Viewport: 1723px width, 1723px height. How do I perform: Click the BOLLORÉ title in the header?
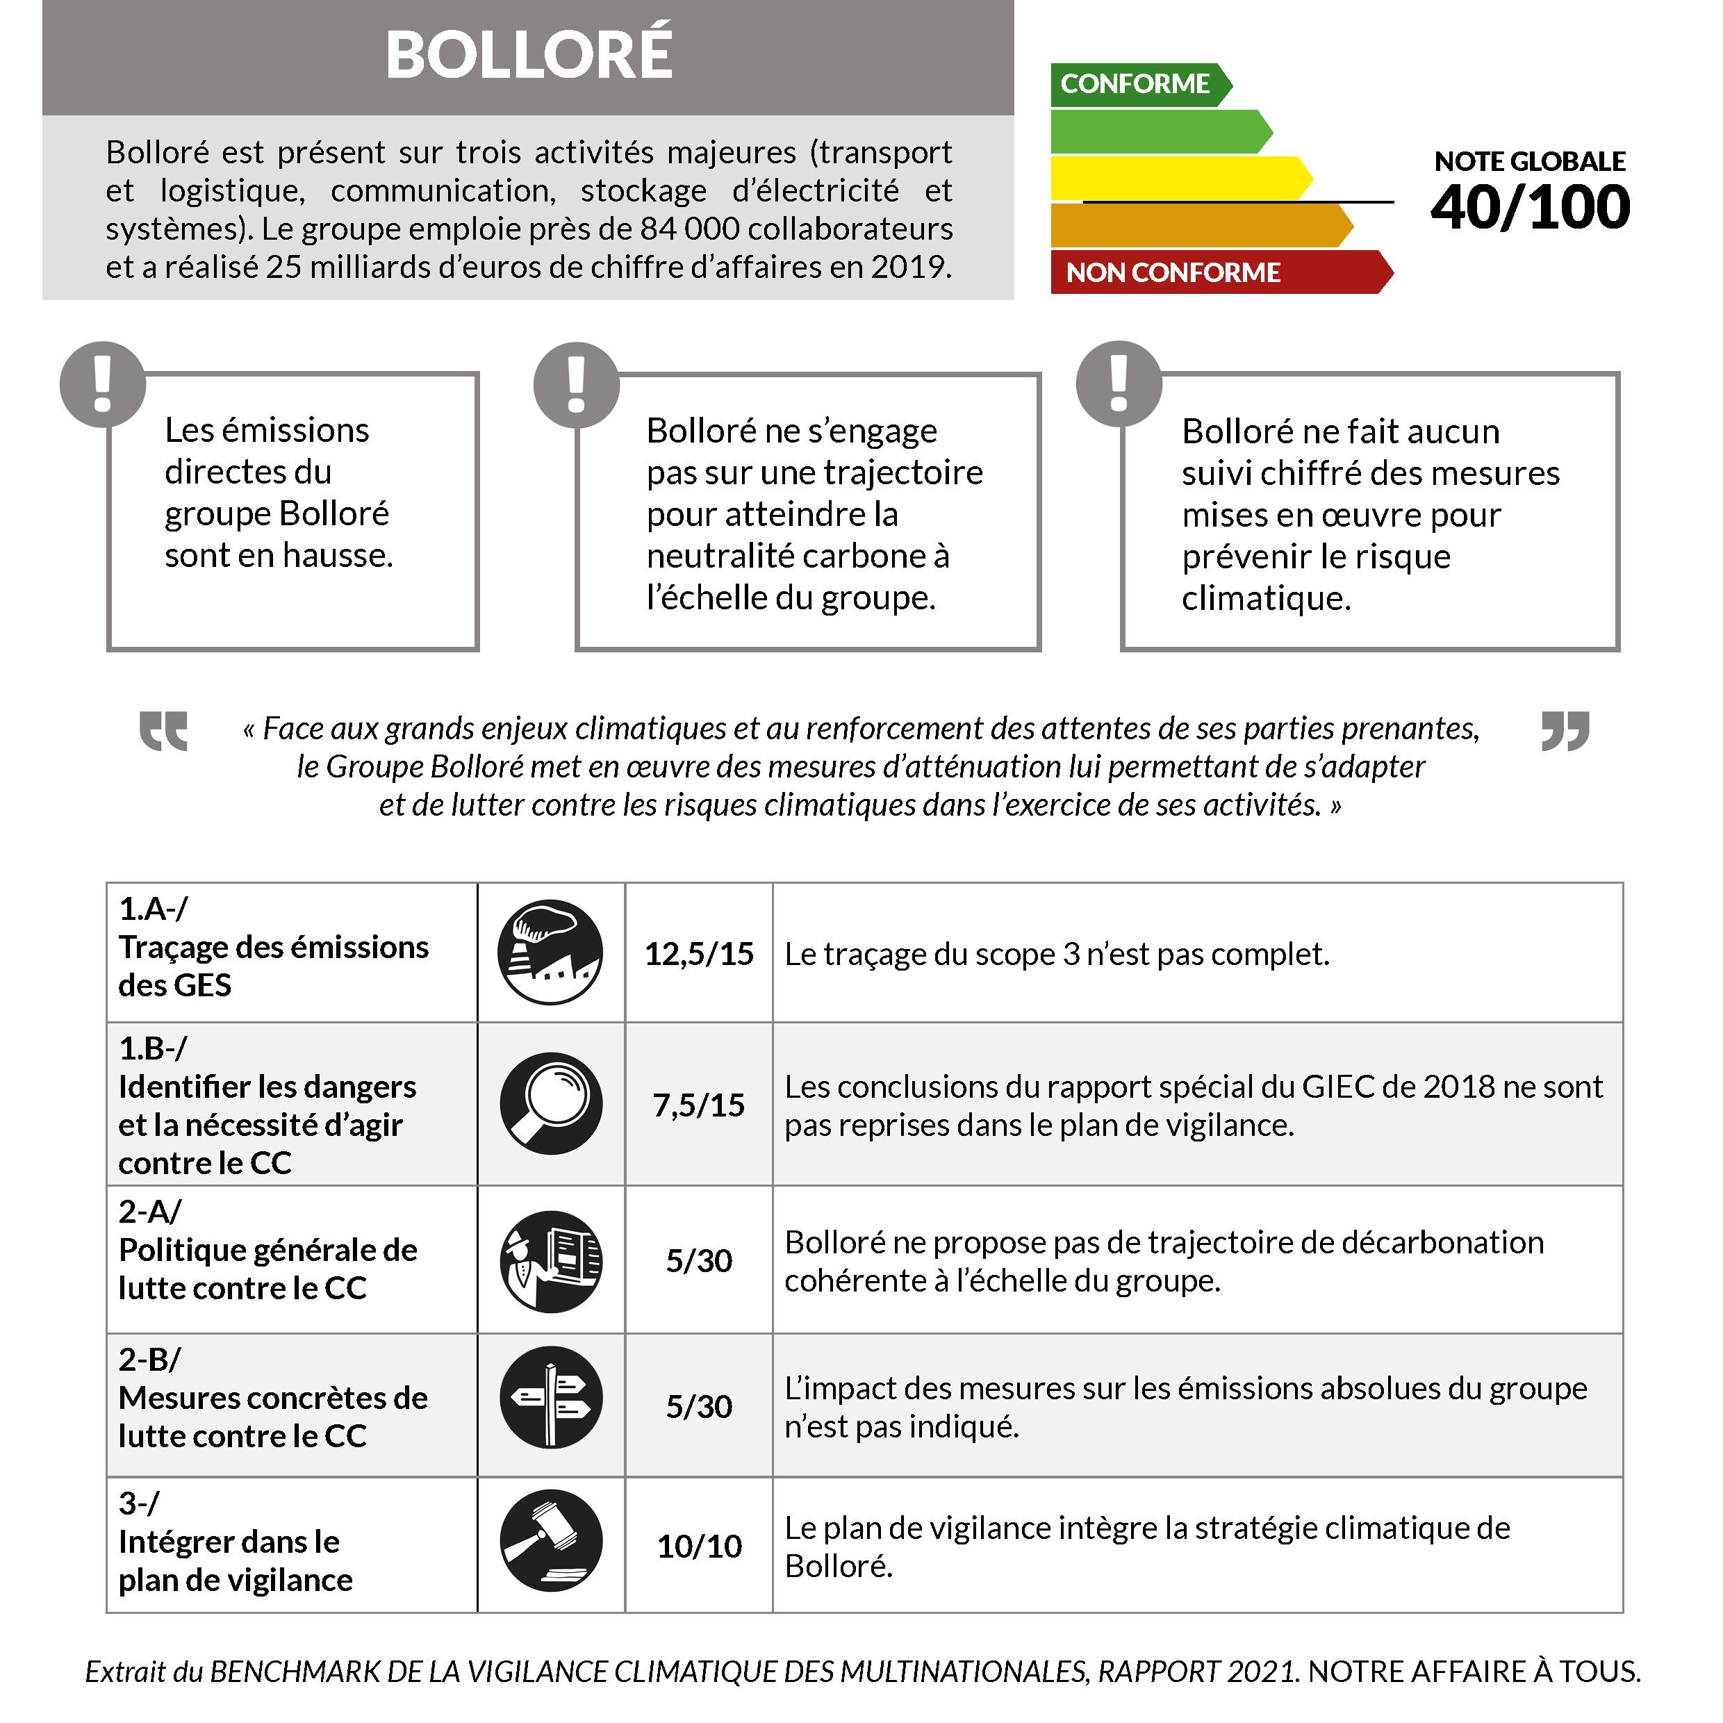click(x=528, y=56)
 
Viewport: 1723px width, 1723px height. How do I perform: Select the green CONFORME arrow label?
click(x=1135, y=84)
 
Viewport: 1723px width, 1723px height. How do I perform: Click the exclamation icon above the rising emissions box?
click(x=103, y=384)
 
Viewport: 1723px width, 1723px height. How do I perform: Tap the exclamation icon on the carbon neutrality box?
click(x=576, y=384)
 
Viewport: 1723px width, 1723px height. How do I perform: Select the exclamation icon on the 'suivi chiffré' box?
click(x=1119, y=384)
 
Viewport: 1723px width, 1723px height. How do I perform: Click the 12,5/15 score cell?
click(x=698, y=953)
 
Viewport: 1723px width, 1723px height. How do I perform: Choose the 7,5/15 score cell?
click(x=698, y=1105)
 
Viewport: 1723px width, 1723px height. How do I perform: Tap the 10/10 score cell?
click(x=698, y=1546)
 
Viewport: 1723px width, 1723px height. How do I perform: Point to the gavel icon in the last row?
click(x=550, y=1540)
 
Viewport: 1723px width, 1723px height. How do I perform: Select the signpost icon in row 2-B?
click(x=550, y=1397)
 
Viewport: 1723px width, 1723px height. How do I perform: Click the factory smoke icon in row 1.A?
click(x=550, y=952)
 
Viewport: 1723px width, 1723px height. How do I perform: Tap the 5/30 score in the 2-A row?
click(x=698, y=1260)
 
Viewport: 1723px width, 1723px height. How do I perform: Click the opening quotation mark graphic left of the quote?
click(x=163, y=730)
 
